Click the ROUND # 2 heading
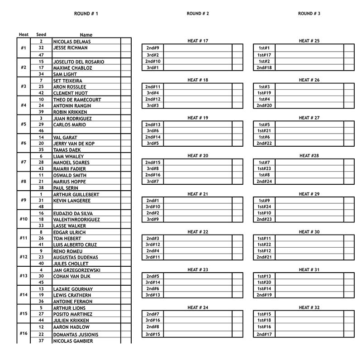pos(198,14)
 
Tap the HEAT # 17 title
pos(198,41)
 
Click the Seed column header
pos(41,34)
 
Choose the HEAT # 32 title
pos(309,307)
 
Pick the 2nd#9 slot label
pos(152,48)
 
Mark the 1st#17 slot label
pos(264,55)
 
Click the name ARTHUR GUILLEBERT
pos(76,195)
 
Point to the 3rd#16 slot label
pos(152,320)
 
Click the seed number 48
pos(41,206)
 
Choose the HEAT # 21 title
pos(198,194)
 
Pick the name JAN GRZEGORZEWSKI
pos(76,270)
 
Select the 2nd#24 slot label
pos(264,182)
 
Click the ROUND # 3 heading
pos(309,14)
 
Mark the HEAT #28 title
pos(309,156)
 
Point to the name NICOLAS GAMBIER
pos(73,341)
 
